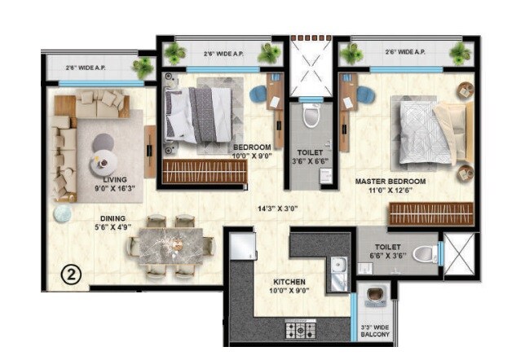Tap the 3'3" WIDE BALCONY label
coord(375,334)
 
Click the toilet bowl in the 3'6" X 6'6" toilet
coord(310,119)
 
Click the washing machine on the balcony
coord(376,296)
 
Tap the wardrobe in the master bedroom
coord(430,213)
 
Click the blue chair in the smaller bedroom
coord(258,94)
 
